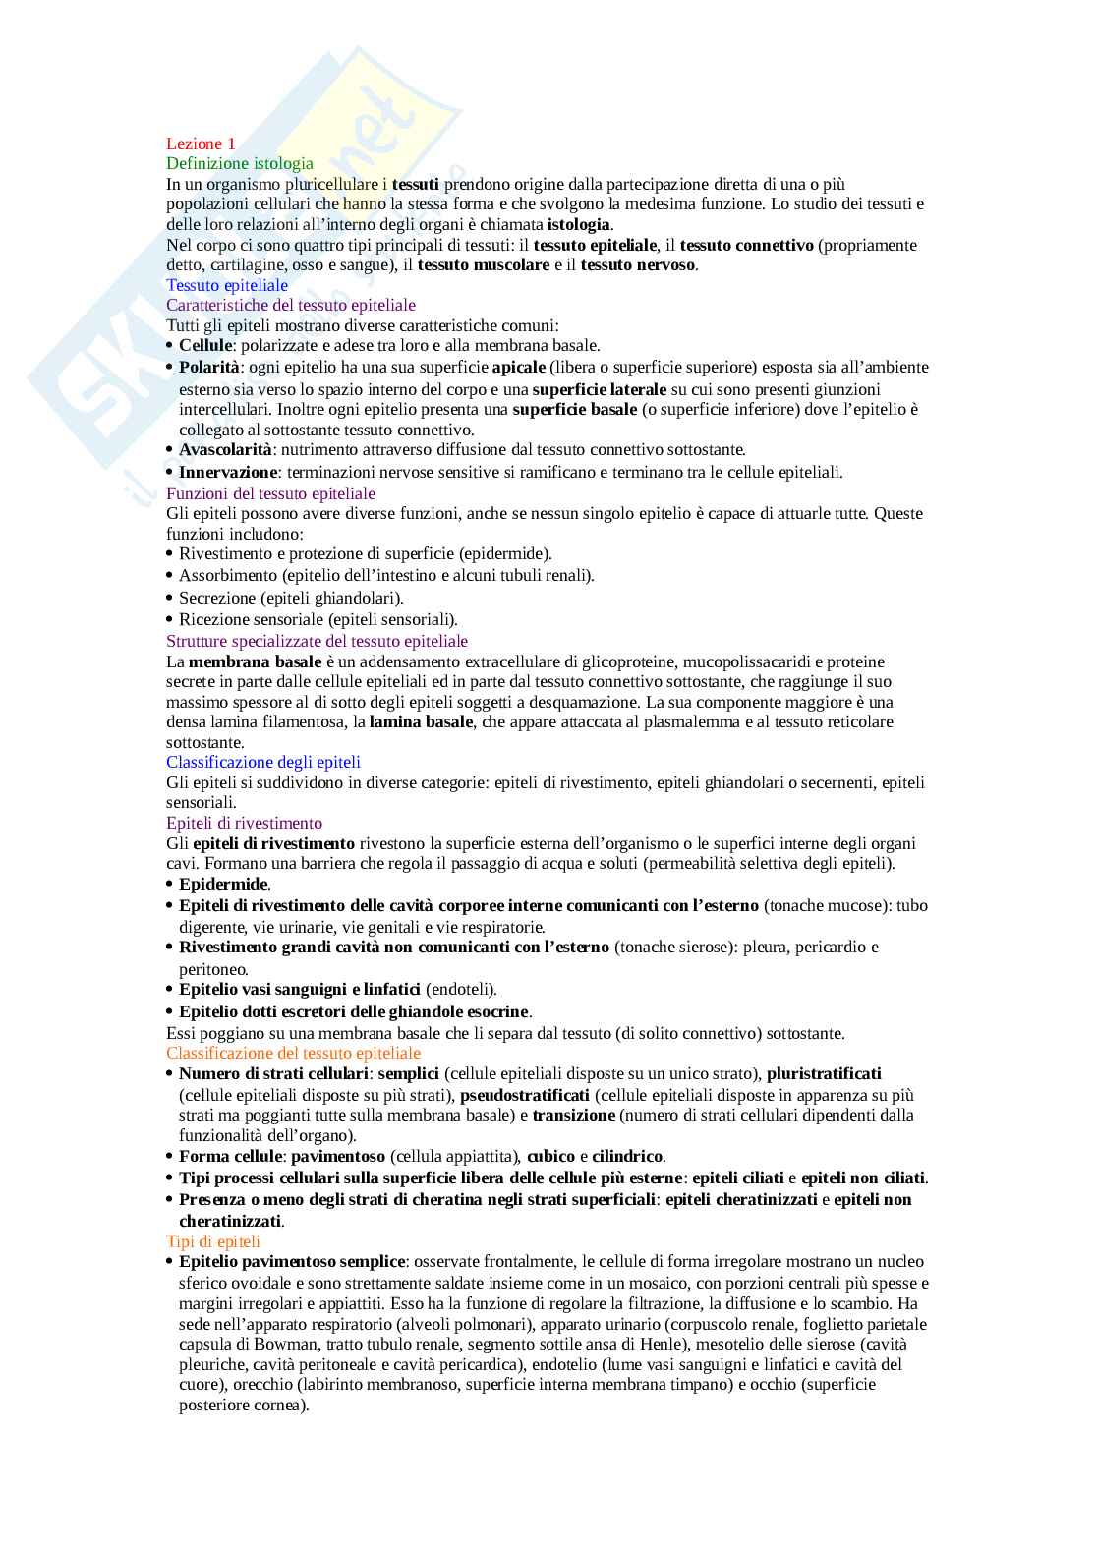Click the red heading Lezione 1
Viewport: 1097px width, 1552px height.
(201, 144)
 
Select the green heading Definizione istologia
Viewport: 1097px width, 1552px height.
(240, 163)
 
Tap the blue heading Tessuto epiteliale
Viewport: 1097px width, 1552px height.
(227, 285)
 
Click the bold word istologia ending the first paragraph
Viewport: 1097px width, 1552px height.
(578, 224)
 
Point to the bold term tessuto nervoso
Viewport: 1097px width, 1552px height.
(637, 264)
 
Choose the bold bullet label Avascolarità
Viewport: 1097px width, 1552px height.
(225, 449)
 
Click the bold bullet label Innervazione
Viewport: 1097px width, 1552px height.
(228, 472)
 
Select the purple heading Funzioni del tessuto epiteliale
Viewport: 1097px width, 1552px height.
(270, 492)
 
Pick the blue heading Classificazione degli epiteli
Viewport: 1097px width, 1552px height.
(263, 762)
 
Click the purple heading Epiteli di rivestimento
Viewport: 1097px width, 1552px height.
(244, 823)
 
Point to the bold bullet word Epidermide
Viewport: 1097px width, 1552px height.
(223, 884)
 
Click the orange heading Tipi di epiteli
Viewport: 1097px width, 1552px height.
(213, 1241)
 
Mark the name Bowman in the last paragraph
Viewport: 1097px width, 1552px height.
(293, 1344)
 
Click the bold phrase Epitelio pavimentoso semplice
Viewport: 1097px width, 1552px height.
(292, 1261)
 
